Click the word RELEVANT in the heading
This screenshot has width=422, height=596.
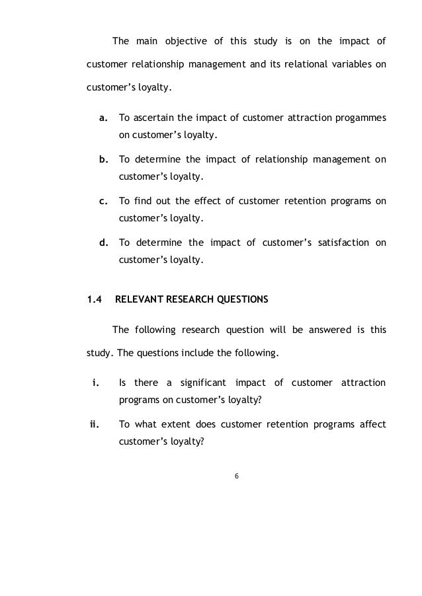[138, 299]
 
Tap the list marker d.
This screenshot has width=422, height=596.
[103, 242]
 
